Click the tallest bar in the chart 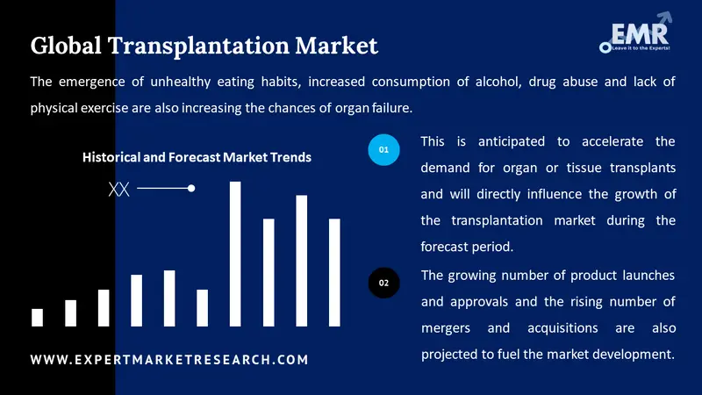pyautogui.click(x=235, y=254)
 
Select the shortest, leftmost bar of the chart pyautogui.click(x=37, y=317)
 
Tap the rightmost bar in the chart pyautogui.click(x=334, y=272)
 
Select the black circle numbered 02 pyautogui.click(x=383, y=283)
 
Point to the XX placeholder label pyautogui.click(x=118, y=189)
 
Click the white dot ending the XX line pyautogui.click(x=191, y=188)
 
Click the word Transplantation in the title pyautogui.click(x=197, y=45)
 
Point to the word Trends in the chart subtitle pyautogui.click(x=290, y=157)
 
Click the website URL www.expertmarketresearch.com pyautogui.click(x=169, y=360)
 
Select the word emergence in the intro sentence pyautogui.click(x=96, y=83)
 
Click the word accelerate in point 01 pyautogui.click(x=605, y=141)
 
